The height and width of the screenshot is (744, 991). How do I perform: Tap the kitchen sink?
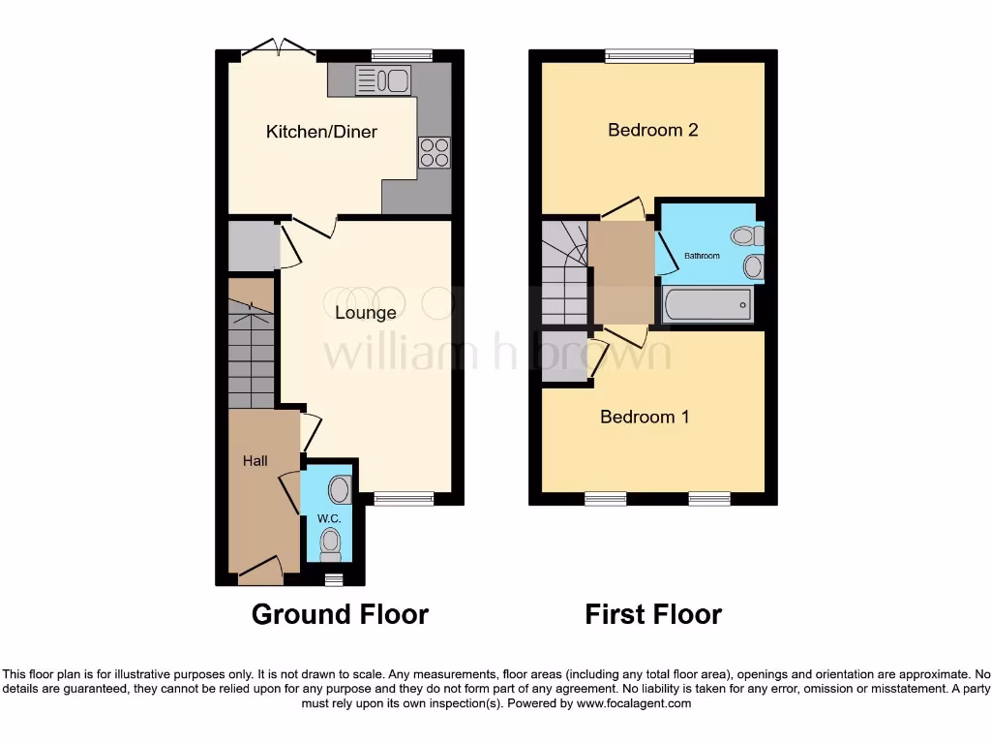point(383,79)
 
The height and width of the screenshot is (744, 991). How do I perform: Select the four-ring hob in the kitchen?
point(435,153)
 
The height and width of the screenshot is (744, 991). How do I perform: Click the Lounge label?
point(365,313)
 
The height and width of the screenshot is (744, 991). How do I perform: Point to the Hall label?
point(255,461)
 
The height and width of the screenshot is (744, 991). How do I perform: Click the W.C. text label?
point(330,518)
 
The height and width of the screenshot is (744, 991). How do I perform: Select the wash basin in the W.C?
point(339,488)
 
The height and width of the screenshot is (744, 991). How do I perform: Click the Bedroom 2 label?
point(652,130)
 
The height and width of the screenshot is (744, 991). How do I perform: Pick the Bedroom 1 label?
point(645,417)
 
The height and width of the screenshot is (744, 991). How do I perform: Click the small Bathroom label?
point(703,256)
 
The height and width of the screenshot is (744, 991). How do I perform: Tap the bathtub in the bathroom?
point(706,305)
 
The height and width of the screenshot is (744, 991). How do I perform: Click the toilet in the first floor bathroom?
point(746,235)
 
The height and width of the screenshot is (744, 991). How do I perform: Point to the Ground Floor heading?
point(340,614)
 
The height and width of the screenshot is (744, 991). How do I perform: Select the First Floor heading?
point(652,614)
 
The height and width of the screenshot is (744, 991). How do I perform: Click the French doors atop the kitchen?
point(278,50)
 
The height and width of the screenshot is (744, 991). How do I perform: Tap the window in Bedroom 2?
point(650,56)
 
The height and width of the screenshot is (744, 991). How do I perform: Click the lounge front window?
point(404,499)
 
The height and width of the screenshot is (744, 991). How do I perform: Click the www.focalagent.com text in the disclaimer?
point(633,703)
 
